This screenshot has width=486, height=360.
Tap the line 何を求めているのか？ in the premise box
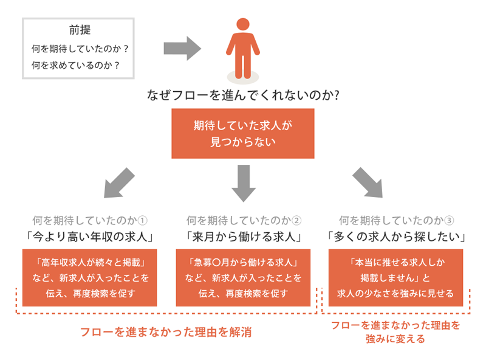click(80, 64)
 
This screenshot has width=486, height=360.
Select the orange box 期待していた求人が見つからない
click(242, 133)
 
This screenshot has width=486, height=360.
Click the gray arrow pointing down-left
click(119, 182)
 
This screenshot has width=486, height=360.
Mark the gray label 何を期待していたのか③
click(396, 220)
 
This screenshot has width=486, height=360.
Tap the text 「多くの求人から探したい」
click(396, 235)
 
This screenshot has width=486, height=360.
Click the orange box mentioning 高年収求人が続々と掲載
click(90, 277)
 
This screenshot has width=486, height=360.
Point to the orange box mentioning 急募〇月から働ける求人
click(243, 277)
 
